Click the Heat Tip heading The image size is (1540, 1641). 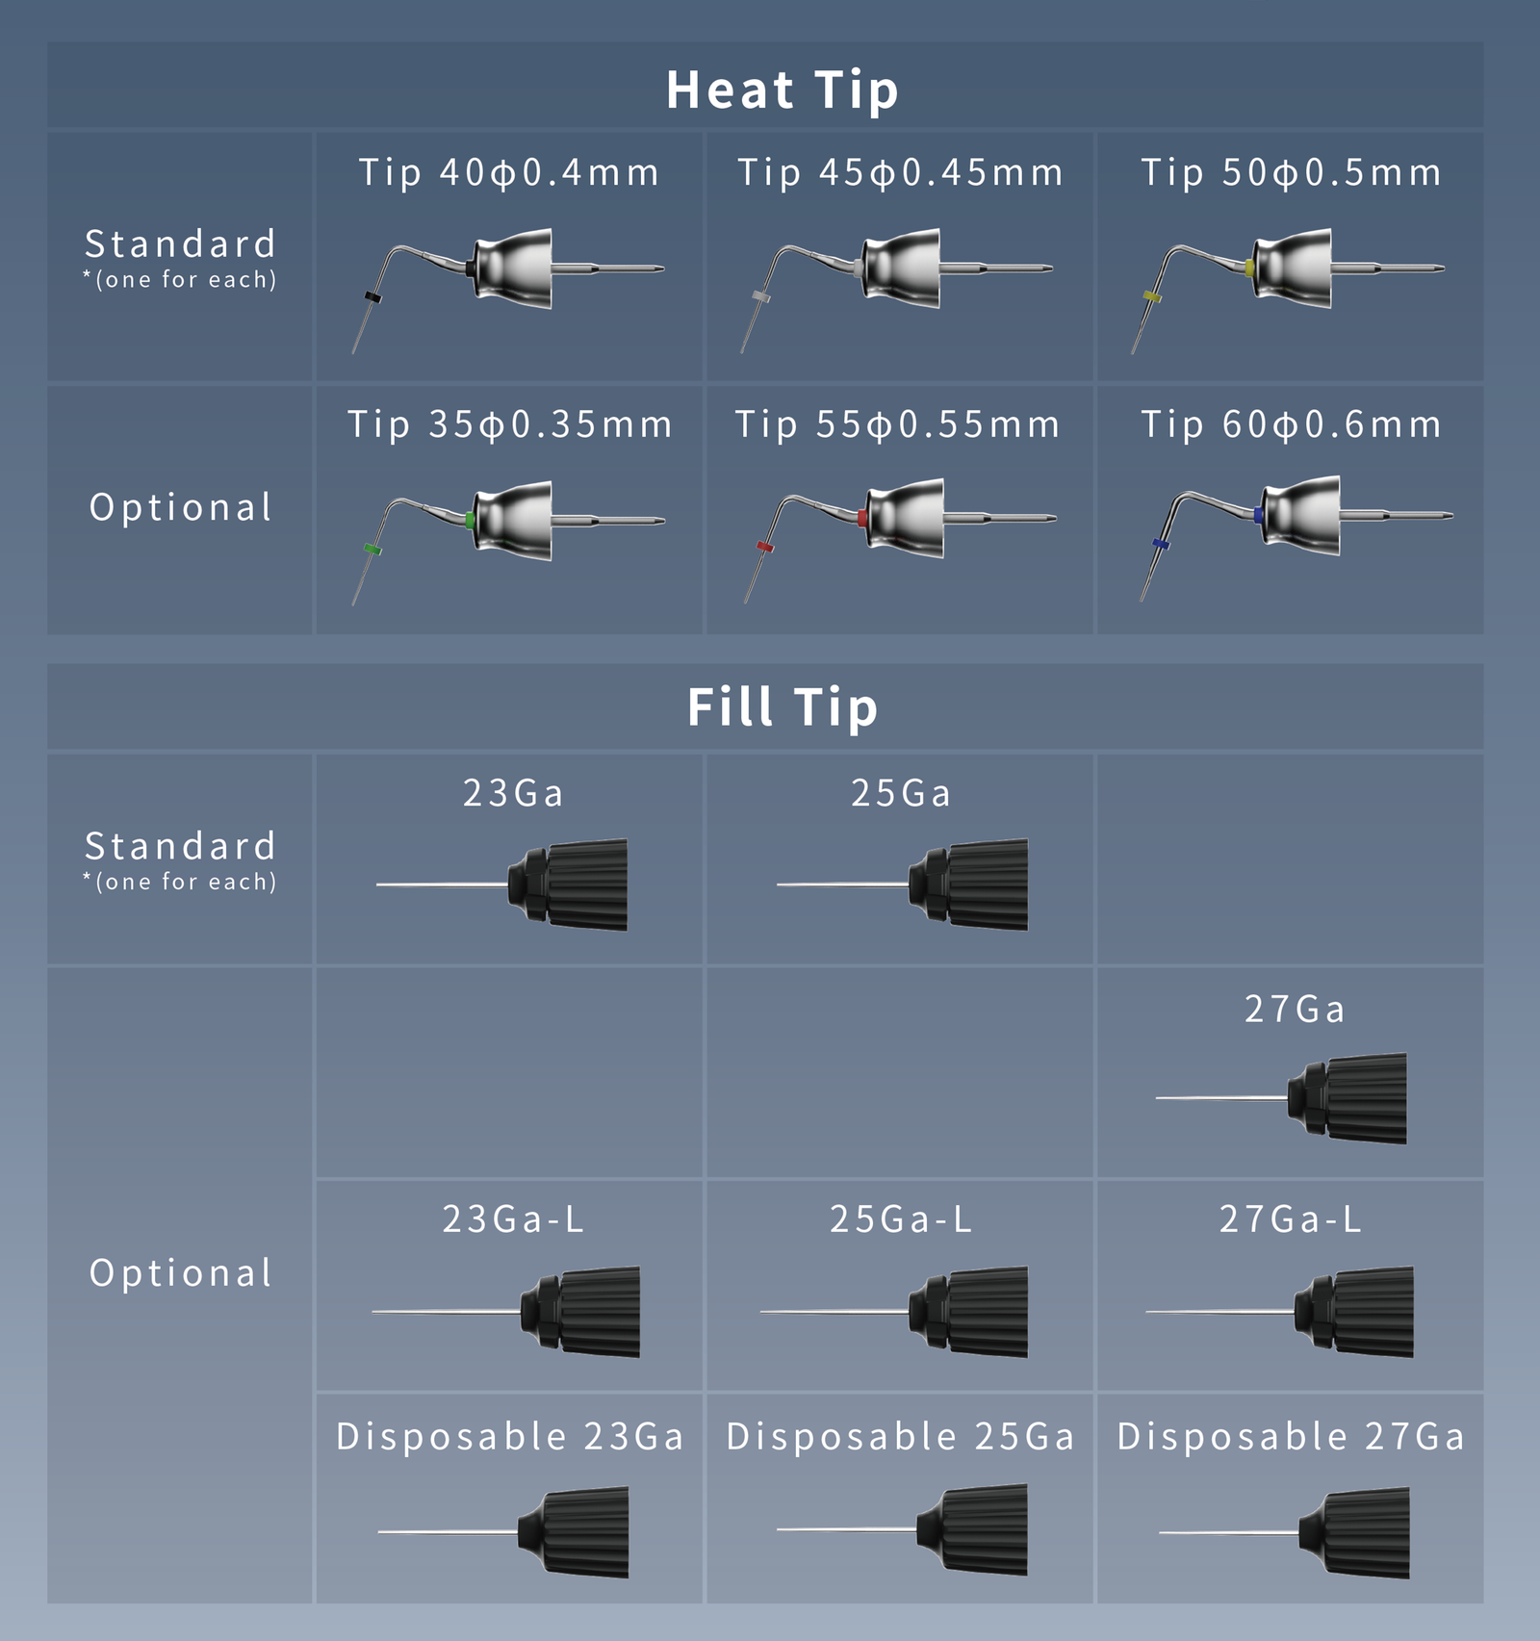point(783,90)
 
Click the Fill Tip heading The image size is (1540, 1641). point(783,707)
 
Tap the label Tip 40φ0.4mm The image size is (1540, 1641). point(509,172)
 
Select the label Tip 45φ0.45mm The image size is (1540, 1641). point(900,172)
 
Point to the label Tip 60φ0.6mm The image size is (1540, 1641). point(1291,424)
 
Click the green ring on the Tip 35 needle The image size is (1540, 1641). point(372,550)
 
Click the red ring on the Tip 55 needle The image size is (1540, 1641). point(764,547)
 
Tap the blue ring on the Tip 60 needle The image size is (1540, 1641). point(1161,545)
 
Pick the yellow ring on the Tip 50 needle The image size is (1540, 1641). point(1151,296)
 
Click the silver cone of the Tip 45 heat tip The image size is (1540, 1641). point(901,269)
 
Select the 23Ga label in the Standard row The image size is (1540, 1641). point(513,793)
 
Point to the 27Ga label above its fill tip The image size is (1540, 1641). point(1295,1009)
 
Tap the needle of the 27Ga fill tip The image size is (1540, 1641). point(1221,1098)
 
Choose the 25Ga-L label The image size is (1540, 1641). point(901,1219)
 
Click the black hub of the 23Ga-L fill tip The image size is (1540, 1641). point(580,1312)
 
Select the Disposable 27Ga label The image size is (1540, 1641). point(1291,1437)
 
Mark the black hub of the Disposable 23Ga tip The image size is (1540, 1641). point(573,1532)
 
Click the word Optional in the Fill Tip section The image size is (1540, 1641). point(181,1273)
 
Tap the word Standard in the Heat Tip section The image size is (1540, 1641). point(181,244)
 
